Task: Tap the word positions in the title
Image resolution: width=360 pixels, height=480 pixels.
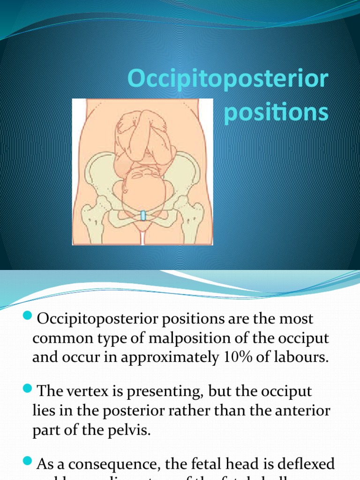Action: (276, 114)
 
